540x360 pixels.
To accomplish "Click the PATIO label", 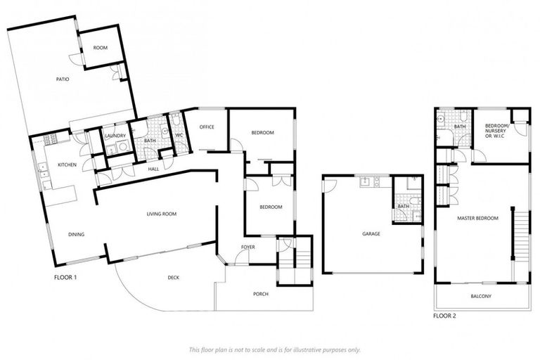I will [63, 79].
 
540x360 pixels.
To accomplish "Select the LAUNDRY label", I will [115, 136].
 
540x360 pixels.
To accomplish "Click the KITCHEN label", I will [67, 165].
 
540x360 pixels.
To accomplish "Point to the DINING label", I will [77, 235].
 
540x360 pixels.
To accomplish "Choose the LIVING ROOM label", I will [161, 214].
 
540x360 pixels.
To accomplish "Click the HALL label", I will [153, 169].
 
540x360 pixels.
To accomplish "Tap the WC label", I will [179, 135].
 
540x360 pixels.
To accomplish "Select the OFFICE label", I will [207, 127].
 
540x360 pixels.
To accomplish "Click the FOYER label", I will [247, 247].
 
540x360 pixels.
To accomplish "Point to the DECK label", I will [174, 277].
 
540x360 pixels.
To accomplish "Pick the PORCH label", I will [260, 293].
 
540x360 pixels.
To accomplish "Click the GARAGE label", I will [371, 233].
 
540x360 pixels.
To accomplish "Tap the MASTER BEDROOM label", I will [477, 218].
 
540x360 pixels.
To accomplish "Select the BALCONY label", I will [481, 296].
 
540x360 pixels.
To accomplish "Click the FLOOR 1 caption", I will [65, 277].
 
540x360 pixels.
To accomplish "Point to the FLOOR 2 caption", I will [444, 316].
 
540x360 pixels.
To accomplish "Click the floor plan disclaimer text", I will [274, 349].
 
